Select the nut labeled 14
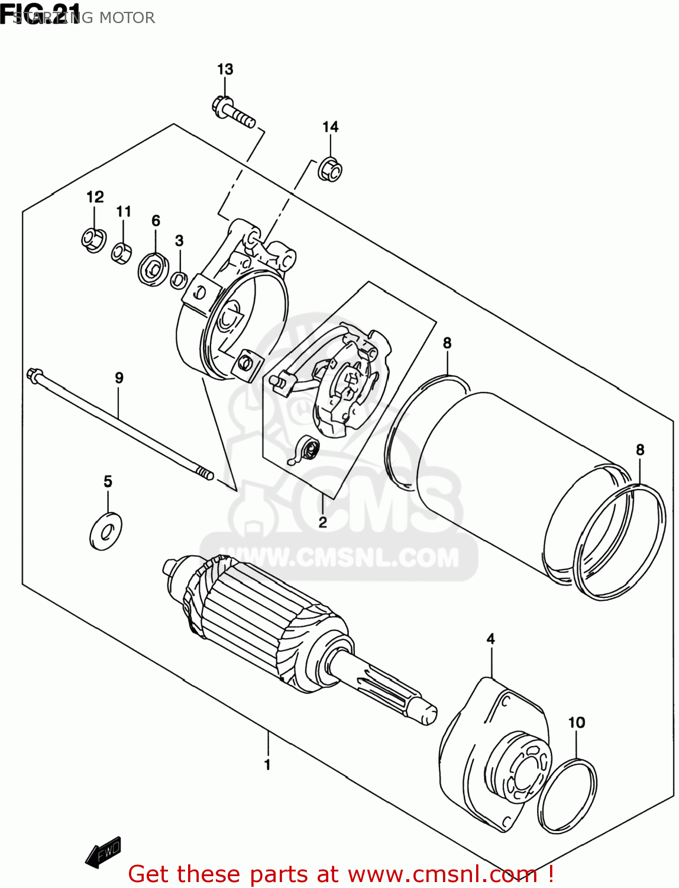330,169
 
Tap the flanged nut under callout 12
93,240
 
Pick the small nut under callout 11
122,253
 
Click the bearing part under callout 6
154,269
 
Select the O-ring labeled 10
567,796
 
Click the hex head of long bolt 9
34,375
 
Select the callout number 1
267,764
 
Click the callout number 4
490,639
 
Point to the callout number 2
322,522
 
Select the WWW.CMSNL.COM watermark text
339,558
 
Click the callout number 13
225,69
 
